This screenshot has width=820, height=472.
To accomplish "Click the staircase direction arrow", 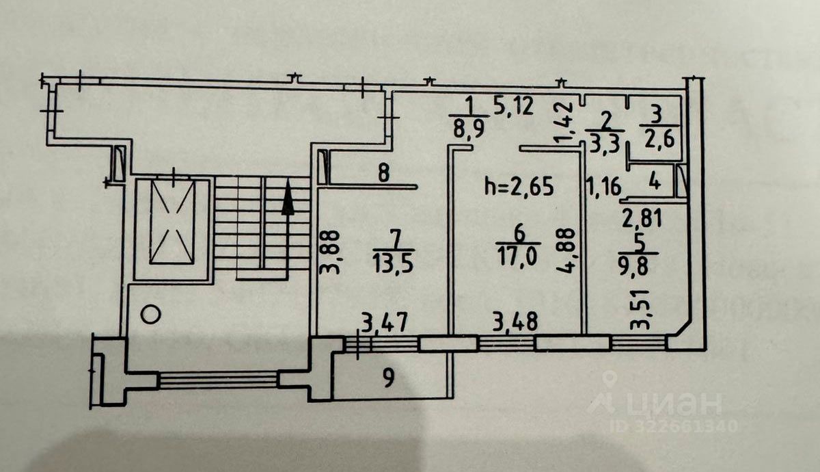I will coord(288,197).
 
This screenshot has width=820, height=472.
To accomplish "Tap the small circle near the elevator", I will coord(152,315).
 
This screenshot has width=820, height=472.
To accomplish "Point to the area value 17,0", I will coord(519,256).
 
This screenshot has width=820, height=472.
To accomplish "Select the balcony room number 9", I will coord(388,378).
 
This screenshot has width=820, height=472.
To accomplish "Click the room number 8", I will coord(383,172).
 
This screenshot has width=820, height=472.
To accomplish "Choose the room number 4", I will coord(654,183).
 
